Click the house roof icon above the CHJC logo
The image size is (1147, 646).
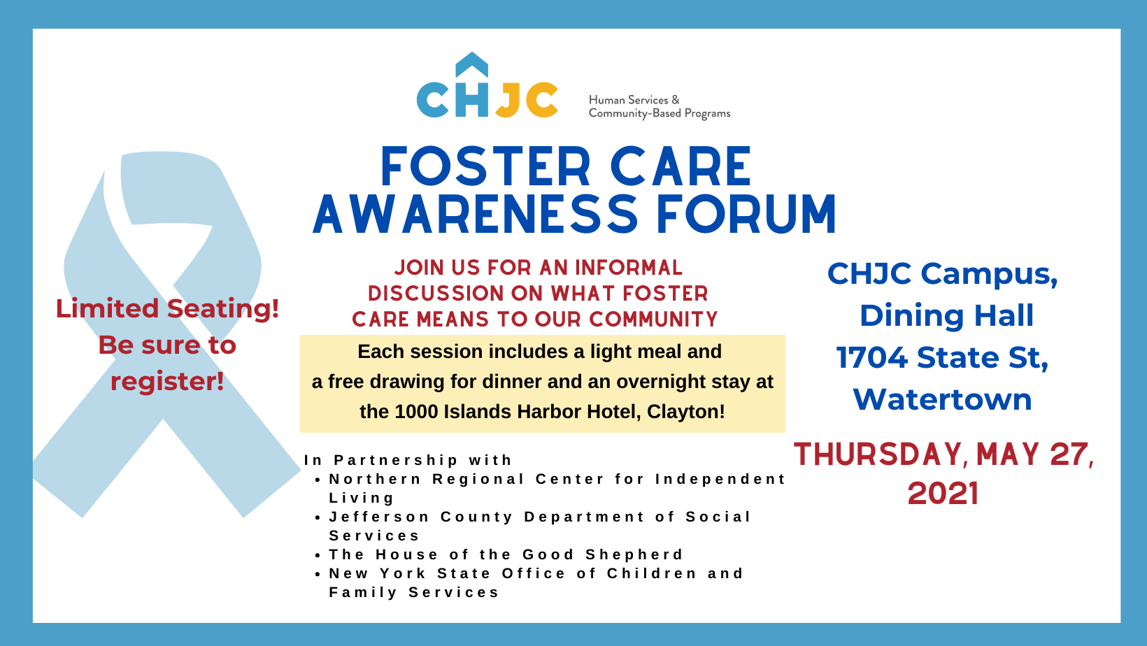click(471, 64)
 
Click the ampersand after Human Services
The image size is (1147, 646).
click(676, 100)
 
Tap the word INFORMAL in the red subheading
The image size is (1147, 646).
click(629, 268)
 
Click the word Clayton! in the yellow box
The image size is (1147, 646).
click(686, 412)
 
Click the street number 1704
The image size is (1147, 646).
click(872, 357)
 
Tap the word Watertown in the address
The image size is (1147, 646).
click(942, 399)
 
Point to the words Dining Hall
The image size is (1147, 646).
click(946, 315)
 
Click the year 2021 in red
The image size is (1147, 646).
click(943, 494)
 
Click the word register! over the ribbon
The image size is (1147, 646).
click(167, 381)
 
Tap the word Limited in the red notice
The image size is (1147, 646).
click(108, 308)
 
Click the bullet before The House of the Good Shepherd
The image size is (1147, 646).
click(318, 555)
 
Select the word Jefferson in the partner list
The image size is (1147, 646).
click(379, 517)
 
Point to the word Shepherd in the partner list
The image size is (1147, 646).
click(634, 555)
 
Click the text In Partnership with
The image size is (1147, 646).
click(408, 460)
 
